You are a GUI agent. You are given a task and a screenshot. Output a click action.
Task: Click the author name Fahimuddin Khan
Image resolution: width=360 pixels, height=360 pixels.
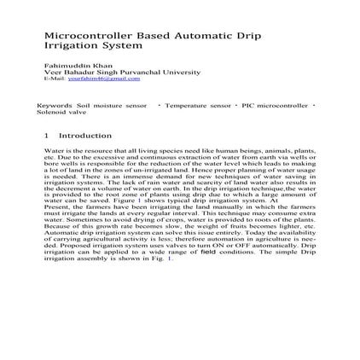tap(66, 66)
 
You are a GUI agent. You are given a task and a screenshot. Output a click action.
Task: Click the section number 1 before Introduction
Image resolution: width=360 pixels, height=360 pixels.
tap(45, 135)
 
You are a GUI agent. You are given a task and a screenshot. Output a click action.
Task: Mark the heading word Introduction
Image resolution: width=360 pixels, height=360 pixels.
tap(85, 135)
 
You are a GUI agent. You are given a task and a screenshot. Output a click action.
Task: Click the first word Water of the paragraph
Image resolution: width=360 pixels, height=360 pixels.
tap(52, 148)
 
